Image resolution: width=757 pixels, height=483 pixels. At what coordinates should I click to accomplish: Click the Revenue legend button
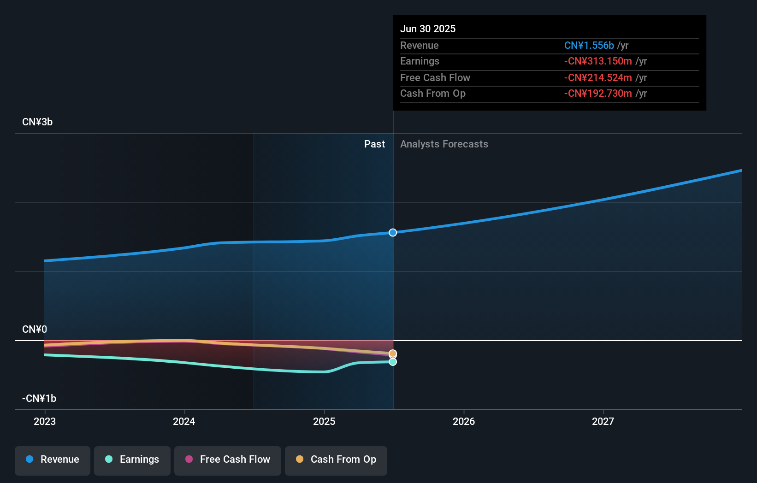53,460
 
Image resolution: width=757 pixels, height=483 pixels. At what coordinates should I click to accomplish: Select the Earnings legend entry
132,460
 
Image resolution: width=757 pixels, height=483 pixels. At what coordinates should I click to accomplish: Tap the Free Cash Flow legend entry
228,460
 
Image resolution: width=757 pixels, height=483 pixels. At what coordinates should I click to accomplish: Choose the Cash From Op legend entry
336,460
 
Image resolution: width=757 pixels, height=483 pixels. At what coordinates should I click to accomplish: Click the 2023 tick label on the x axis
45,421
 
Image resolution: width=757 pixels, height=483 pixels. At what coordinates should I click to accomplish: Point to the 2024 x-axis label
184,421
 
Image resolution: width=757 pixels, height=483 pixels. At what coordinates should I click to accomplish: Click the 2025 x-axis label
324,421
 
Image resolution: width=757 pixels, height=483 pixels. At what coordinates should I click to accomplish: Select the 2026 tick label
464,421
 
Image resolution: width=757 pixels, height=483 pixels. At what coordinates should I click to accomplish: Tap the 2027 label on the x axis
603,421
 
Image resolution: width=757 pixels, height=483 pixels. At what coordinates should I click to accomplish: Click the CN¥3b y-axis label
37,122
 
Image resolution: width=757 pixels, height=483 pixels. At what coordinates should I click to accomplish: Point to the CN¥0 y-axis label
35,330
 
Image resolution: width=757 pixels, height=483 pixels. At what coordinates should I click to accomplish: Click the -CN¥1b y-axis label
39,399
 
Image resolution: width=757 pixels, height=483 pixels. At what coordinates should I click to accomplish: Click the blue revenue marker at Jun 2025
393,233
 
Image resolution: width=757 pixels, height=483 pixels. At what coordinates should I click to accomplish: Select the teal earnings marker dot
393,362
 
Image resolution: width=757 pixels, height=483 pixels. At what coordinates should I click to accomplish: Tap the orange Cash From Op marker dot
393,353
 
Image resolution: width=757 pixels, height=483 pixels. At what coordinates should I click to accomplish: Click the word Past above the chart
374,144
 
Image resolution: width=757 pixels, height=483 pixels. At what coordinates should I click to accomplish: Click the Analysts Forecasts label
444,144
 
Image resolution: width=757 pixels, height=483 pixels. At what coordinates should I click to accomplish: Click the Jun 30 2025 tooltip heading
428,29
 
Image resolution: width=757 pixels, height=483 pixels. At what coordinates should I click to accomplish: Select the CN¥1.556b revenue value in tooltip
589,46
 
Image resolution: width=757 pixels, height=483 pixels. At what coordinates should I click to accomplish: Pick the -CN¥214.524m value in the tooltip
598,78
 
